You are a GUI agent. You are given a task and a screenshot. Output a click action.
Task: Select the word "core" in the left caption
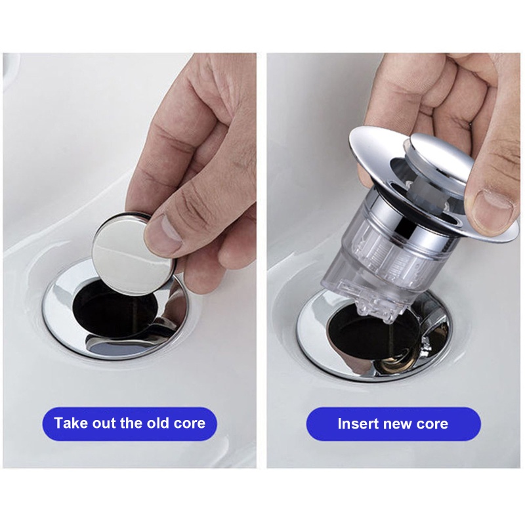(x=190, y=423)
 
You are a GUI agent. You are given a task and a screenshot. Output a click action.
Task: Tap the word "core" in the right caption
(x=431, y=423)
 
